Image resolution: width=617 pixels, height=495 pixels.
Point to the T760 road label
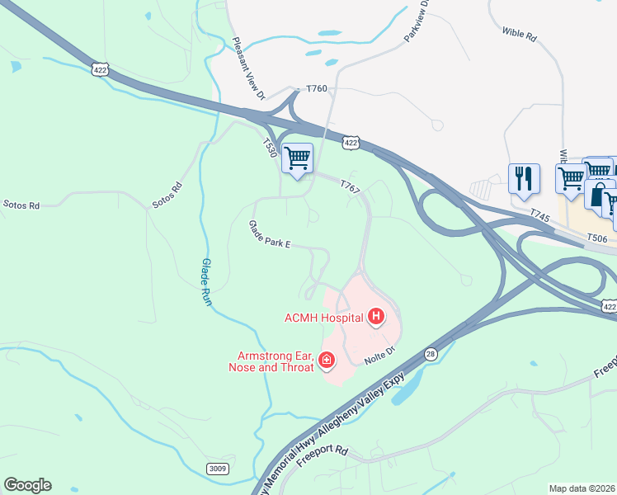tap(317, 88)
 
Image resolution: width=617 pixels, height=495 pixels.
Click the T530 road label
tap(269, 149)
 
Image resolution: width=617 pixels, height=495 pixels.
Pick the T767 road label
tap(350, 190)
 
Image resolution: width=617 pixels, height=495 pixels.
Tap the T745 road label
tap(540, 215)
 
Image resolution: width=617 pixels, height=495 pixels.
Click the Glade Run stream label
tap(207, 281)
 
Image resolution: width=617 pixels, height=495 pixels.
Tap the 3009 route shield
tap(217, 469)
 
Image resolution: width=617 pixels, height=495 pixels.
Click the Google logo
tap(27, 485)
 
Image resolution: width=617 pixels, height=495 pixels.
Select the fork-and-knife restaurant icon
tap(524, 177)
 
